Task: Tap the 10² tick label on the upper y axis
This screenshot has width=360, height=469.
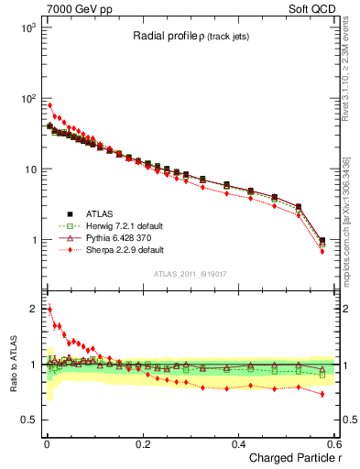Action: point(27,98)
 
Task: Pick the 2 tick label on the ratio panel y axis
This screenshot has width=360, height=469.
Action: point(32,309)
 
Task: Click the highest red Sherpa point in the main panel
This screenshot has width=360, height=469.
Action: point(49,105)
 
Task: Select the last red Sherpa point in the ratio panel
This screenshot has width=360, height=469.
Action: point(322,394)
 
